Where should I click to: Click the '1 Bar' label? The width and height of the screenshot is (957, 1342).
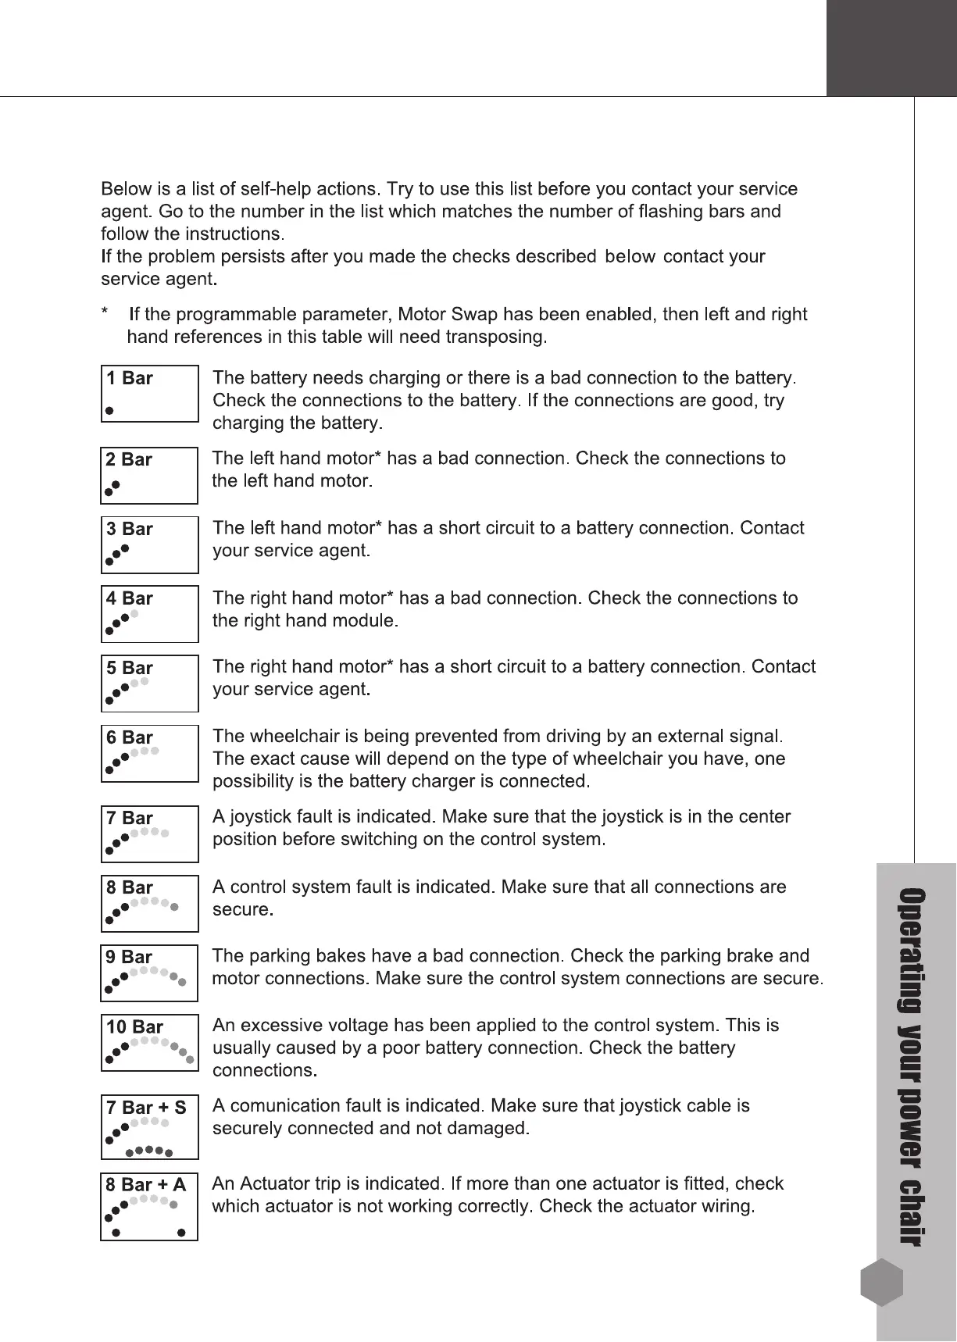click(130, 379)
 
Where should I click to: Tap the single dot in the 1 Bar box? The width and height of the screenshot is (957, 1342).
click(110, 409)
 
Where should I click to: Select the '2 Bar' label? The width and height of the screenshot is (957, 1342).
click(130, 460)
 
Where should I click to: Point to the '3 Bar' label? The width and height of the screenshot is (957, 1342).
click(130, 530)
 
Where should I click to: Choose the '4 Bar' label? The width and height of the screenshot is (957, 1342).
click(130, 599)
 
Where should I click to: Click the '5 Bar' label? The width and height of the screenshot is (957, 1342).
click(130, 669)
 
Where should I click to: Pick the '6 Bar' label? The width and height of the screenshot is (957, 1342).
click(130, 738)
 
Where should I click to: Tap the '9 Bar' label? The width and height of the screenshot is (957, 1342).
click(130, 958)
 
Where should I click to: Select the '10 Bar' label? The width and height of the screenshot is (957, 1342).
click(134, 1027)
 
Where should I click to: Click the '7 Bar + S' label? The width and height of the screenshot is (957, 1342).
click(146, 1108)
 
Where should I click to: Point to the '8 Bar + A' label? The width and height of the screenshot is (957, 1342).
click(146, 1186)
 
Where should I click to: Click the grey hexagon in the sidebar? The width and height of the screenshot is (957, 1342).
click(882, 1282)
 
